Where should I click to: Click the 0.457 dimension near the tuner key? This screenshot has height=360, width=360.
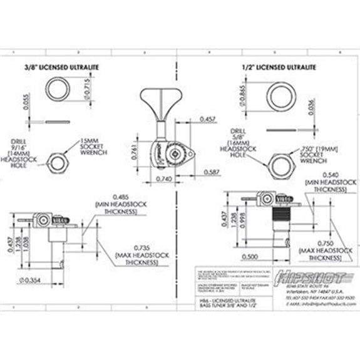(x=209, y=118)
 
